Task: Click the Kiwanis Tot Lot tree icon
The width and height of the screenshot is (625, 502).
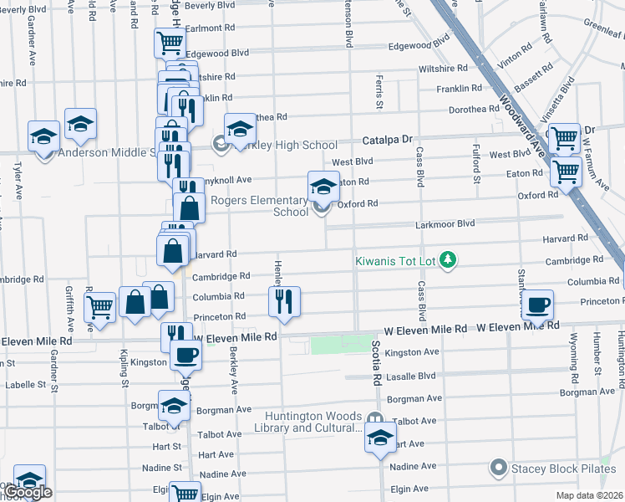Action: pos(449,260)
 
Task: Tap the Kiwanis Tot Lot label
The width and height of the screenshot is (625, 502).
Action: pos(395,261)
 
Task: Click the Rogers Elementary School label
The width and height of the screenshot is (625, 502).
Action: pos(259,206)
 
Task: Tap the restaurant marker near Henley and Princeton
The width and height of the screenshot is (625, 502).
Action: pos(285,303)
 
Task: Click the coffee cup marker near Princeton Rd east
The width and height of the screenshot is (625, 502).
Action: pos(538,306)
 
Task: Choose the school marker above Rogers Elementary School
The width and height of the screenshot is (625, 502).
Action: pos(323,187)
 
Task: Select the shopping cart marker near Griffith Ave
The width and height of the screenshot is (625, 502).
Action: pos(100,307)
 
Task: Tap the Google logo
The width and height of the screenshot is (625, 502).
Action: pos(28,493)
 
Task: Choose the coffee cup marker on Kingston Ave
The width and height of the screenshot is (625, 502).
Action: pos(185,356)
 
